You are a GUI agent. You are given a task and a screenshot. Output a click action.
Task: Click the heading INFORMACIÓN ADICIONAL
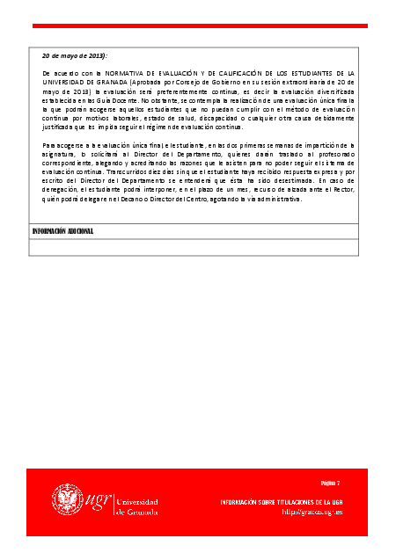(62, 231)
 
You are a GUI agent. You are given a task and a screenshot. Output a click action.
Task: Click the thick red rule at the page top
(197, 25)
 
